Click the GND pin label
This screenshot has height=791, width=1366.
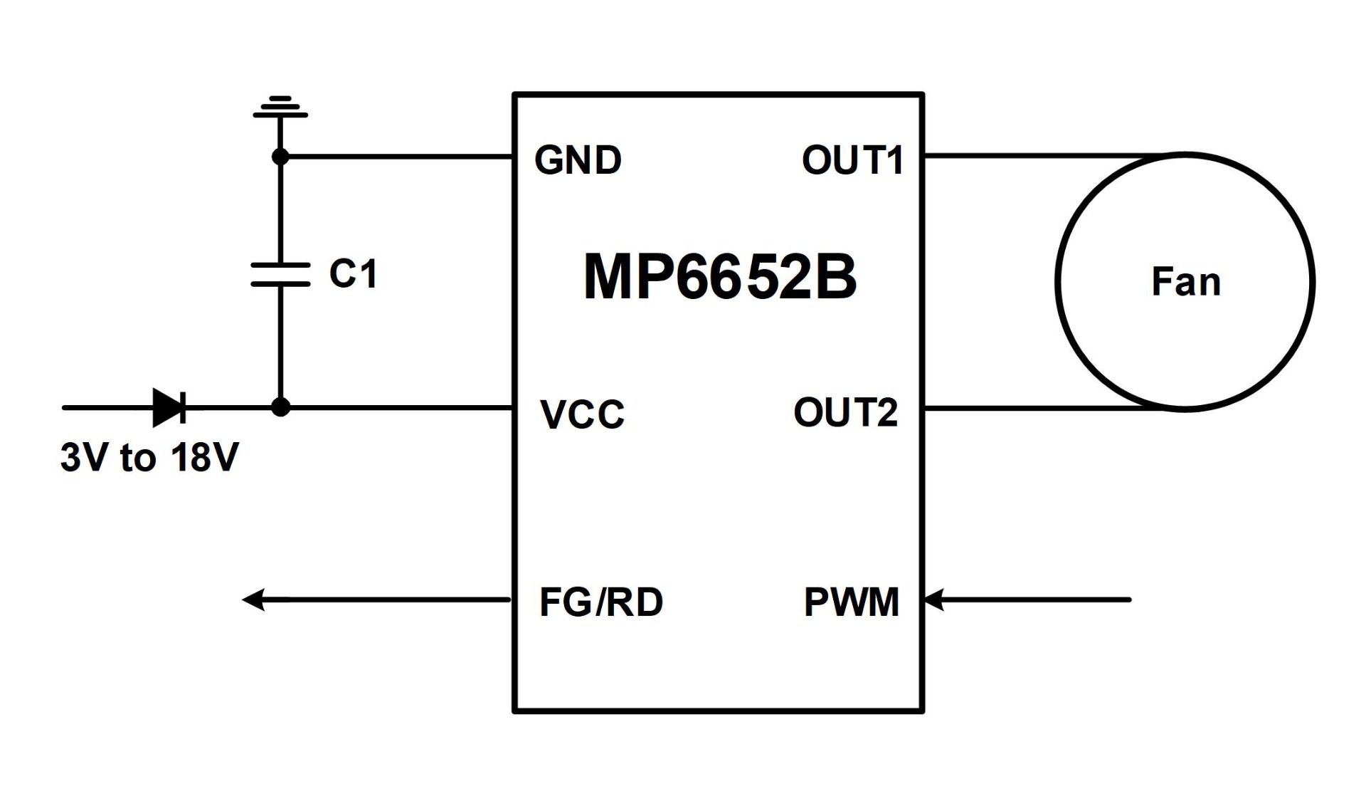[578, 159]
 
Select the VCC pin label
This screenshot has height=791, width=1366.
[582, 414]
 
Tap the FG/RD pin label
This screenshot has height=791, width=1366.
[601, 602]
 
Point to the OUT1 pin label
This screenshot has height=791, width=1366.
[852, 159]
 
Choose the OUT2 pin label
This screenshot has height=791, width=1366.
[845, 413]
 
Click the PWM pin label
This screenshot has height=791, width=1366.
[851, 602]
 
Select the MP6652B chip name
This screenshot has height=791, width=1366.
[720, 277]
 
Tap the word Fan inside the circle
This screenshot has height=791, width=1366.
[1186, 281]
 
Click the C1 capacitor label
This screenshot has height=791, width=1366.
[353, 273]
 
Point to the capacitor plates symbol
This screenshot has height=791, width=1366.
[280, 274]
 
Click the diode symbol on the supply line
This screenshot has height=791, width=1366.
[169, 408]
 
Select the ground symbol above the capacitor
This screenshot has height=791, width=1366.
[280, 108]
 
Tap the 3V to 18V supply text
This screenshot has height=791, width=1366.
[149, 457]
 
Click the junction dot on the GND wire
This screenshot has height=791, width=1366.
[280, 156]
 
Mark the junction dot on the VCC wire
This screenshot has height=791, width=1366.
[281, 407]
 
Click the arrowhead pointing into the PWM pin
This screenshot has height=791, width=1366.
[933, 599]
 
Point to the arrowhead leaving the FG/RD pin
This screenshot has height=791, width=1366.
[253, 599]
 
